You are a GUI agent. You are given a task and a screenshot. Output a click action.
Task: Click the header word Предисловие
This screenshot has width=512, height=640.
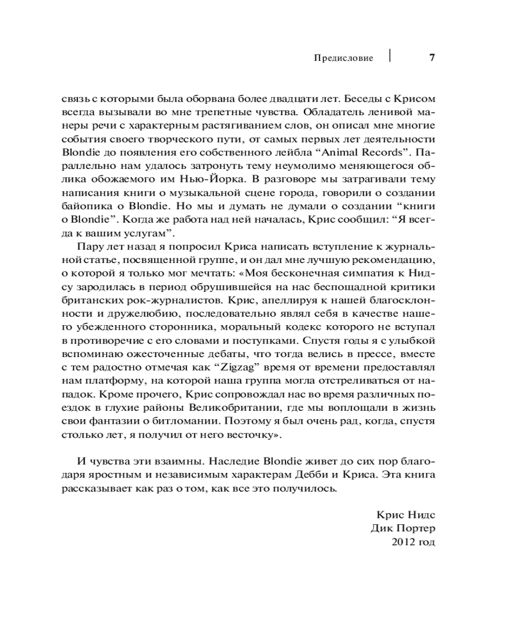343,58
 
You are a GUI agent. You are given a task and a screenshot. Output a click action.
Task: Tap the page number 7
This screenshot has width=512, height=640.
431,58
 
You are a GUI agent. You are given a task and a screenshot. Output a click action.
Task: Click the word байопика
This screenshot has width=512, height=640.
86,205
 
